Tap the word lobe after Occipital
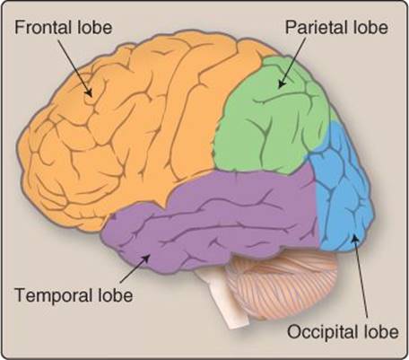coord(380,331)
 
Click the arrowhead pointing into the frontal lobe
coord(89,92)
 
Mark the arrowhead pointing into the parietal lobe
coord(281,83)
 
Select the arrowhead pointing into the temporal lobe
coord(145,258)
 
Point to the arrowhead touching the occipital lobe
coord(354,239)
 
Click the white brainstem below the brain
coord(222,299)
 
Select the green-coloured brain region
coord(269,119)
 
